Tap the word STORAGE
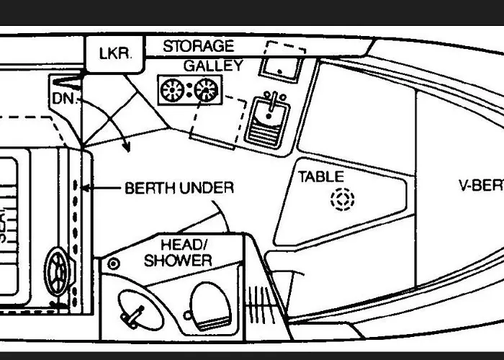198,46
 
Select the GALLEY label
212,66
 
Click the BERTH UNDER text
179,188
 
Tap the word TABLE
321,176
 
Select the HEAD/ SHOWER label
177,252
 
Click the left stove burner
173,90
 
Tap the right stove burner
207,90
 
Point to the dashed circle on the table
342,199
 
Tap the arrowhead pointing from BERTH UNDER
85,189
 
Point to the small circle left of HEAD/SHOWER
114,264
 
